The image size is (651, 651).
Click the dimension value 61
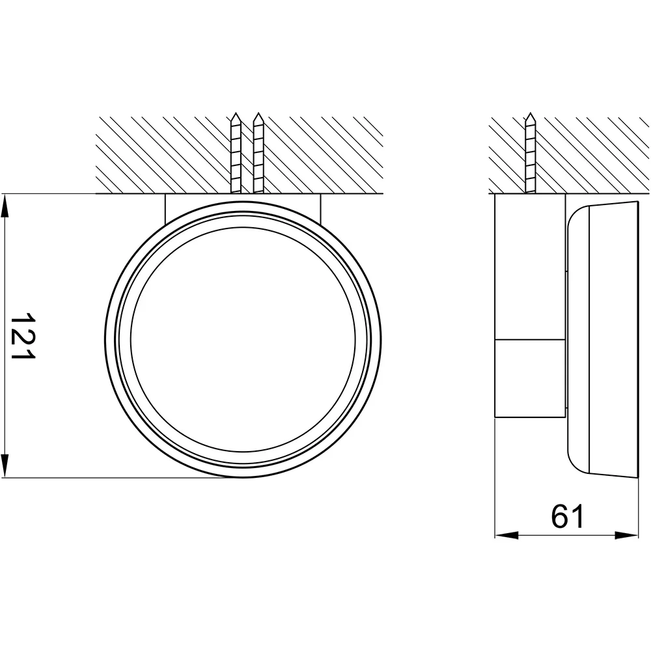(568, 516)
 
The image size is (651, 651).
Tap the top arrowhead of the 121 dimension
(5, 206)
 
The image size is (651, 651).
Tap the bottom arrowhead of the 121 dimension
(5, 465)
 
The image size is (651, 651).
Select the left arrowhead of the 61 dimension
(506, 536)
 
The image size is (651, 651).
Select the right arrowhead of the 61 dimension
(626, 536)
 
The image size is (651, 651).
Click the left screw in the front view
(236, 153)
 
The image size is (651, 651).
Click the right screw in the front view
(258, 153)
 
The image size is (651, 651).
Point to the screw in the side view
(530, 153)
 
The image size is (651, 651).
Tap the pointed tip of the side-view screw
(530, 113)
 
